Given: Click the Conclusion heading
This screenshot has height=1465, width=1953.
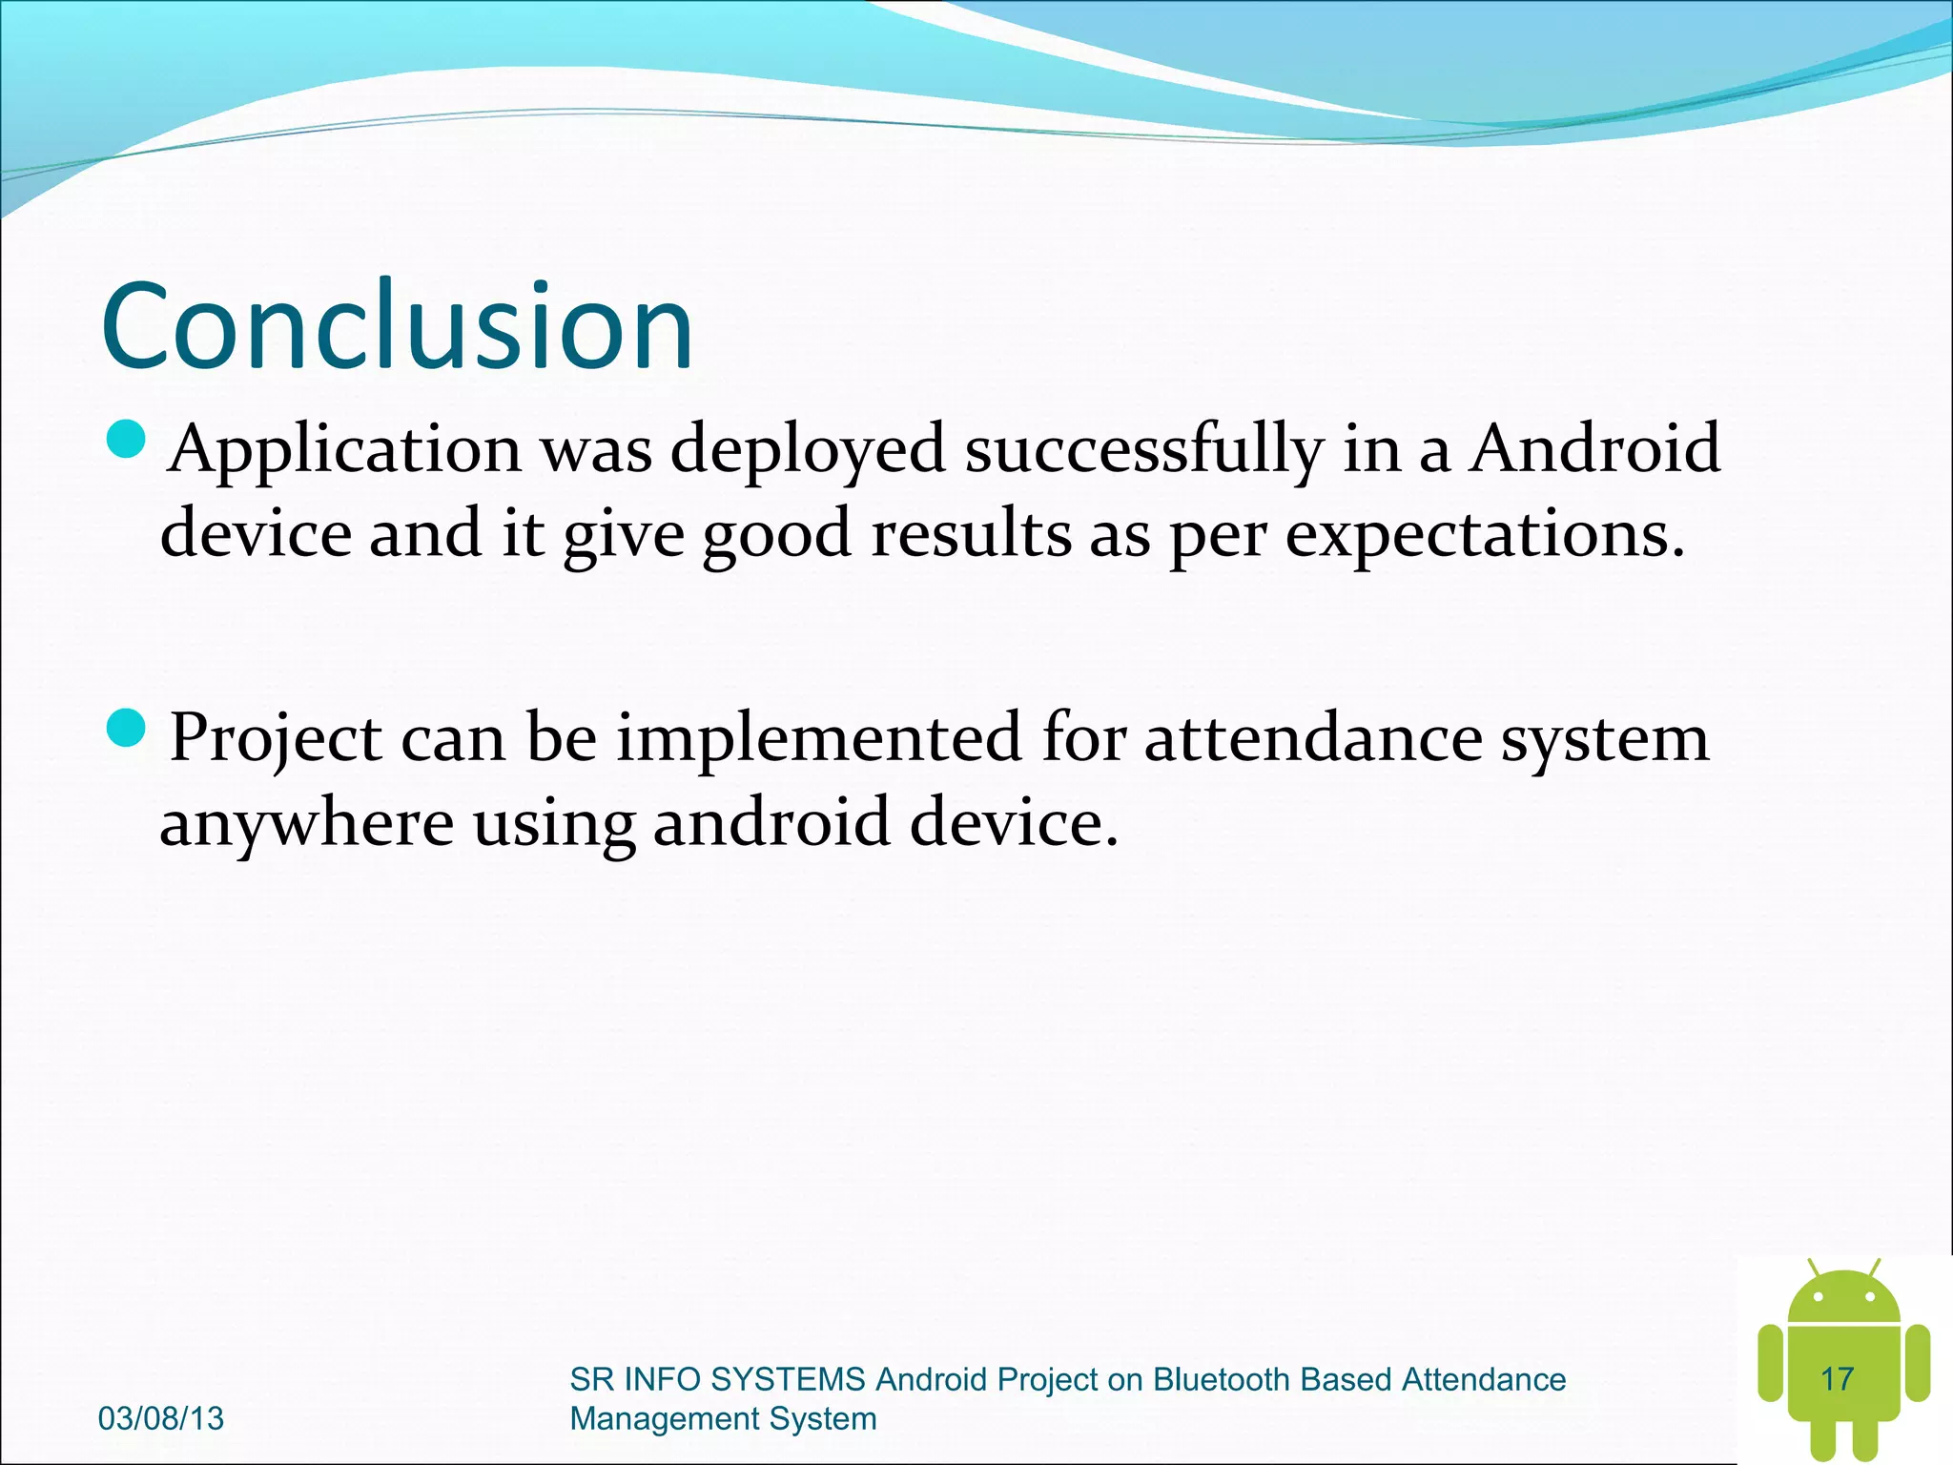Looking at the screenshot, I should pos(397,326).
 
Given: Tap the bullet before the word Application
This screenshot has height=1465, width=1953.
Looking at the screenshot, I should pos(125,441).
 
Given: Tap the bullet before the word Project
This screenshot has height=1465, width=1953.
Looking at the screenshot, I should pos(125,730).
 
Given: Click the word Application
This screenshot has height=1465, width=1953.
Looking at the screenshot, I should pos(345,448).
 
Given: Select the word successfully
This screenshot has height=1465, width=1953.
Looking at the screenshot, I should pos(1143,448).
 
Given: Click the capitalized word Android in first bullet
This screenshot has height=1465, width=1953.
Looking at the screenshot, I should pos(1594,448).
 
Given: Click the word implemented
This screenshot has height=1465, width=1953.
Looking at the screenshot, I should pos(819,737).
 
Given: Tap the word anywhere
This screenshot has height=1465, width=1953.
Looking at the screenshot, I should pos(306,822).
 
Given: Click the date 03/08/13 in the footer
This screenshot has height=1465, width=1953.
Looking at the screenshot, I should pos(161,1418).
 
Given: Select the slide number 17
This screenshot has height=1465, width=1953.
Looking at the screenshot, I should pos(1837,1379).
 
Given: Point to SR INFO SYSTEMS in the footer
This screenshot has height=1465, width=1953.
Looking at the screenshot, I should pos(717,1380).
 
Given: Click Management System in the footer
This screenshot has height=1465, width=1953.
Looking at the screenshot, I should pos(723,1419).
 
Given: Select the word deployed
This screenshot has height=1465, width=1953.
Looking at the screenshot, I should pos(807,448).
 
